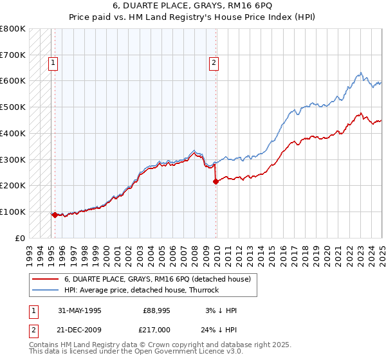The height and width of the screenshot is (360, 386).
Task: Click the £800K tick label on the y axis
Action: tap(13, 29)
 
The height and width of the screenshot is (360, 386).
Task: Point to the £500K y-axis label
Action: tap(13, 107)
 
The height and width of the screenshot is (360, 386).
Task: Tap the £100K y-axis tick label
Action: tap(13, 212)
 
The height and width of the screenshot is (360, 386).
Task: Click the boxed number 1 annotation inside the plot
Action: tap(52, 63)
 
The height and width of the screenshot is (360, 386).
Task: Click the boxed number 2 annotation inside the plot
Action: tap(213, 63)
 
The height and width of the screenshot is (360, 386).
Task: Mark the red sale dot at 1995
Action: tap(55, 215)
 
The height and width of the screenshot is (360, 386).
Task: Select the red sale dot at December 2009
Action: tap(216, 181)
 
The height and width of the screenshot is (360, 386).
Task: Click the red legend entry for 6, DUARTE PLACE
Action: tap(161, 279)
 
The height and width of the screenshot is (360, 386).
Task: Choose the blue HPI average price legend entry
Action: tap(142, 290)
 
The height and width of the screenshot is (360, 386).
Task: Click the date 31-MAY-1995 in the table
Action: tap(79, 310)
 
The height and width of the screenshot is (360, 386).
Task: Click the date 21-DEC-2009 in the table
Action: tap(79, 330)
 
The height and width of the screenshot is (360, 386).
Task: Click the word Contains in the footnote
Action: tap(44, 345)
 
